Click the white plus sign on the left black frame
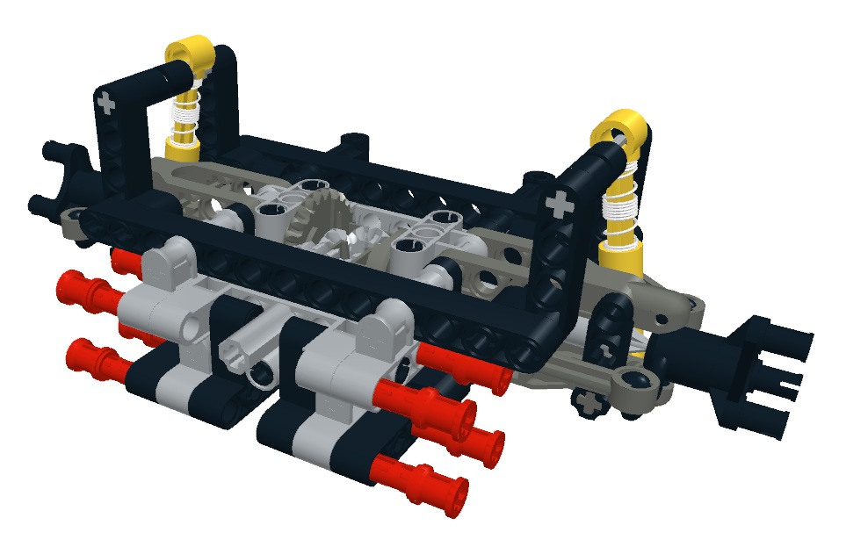(x=107, y=104)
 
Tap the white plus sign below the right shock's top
(x=558, y=206)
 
